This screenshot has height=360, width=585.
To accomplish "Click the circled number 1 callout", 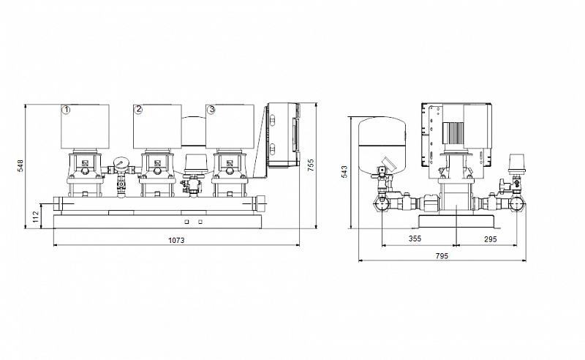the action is [66, 110].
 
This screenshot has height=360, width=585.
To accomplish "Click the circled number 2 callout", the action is [138, 110].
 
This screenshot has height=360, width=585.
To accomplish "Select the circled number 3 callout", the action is [211, 110].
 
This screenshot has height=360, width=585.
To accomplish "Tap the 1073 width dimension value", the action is [176, 240].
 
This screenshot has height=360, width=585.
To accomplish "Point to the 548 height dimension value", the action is [20, 166].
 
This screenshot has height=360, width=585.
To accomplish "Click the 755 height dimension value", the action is [310, 165].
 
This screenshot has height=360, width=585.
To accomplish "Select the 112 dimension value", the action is [35, 217].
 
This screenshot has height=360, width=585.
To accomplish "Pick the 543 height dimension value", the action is [344, 172].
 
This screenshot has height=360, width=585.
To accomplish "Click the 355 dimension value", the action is [415, 239].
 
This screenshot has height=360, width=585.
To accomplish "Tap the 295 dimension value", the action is [490, 239].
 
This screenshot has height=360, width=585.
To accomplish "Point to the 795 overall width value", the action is [442, 256].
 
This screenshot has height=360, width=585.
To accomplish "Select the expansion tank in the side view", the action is [382, 146].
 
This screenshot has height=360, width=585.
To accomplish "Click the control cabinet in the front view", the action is [284, 135].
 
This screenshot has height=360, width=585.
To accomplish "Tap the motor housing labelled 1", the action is [85, 127].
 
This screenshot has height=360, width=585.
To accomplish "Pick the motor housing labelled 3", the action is [230, 127].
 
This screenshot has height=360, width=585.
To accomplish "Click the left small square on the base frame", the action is [187, 222].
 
